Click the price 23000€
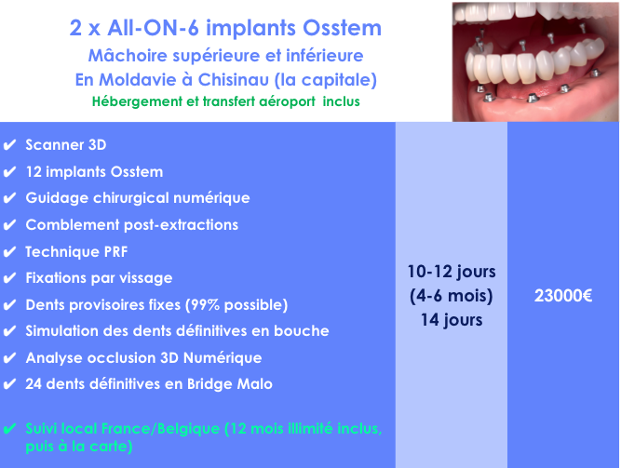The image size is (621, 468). click(563, 296)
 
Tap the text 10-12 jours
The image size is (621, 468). click(452, 272)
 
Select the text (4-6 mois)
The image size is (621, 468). click(452, 296)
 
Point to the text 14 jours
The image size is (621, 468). click(452, 320)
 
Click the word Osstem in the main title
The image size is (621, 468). click(342, 28)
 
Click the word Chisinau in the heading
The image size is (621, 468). click(234, 80)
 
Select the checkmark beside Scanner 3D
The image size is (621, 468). click(9, 145)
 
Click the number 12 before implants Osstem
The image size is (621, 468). click(34, 172)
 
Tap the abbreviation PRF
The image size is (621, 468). click(115, 252)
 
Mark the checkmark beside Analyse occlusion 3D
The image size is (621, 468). click(9, 358)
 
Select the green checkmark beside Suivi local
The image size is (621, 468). click(9, 428)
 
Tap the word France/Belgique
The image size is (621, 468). click(161, 429)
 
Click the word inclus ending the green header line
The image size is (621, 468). click(341, 101)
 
